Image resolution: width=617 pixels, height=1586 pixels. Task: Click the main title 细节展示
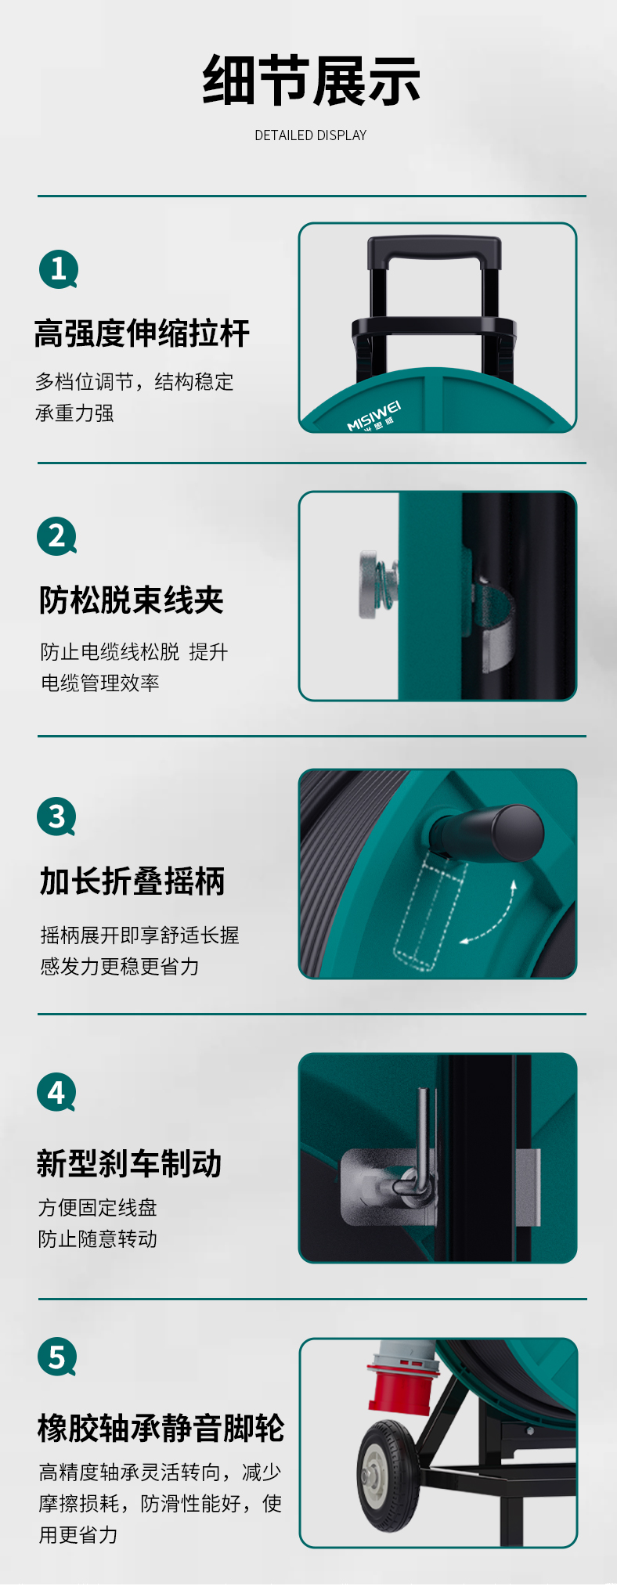point(311,81)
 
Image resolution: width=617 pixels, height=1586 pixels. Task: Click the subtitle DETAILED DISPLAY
point(311,135)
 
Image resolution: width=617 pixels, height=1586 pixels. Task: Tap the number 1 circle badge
point(59,269)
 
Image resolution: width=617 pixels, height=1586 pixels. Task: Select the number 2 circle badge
point(57,536)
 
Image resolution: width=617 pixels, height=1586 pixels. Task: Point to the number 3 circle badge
point(57,816)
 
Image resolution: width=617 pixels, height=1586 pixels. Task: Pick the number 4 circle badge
point(57,1092)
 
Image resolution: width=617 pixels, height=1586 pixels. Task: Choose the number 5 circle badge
point(57,1357)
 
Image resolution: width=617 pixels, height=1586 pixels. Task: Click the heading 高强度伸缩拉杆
point(142,333)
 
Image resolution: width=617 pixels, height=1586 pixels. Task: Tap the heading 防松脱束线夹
point(132,600)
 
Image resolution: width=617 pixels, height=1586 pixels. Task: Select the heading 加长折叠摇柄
point(132,881)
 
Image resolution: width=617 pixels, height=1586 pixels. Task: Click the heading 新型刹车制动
point(129,1163)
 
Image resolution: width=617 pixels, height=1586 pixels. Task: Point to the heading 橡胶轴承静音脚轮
point(161,1428)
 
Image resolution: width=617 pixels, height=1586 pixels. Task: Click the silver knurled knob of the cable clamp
point(368,584)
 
